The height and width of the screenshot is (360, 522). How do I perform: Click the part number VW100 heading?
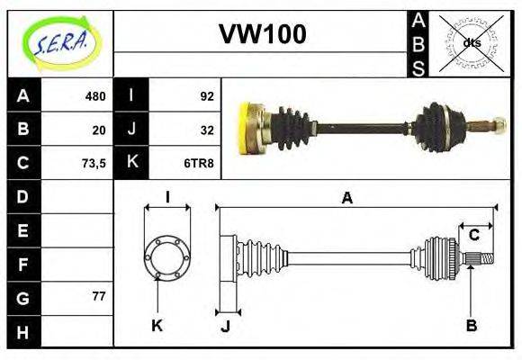click(262, 34)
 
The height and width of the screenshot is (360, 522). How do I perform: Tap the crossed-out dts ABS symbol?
click(471, 42)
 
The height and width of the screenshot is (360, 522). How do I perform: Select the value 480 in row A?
click(94, 95)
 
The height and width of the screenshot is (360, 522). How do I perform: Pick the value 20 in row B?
click(99, 129)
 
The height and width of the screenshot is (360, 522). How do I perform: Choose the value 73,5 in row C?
click(93, 163)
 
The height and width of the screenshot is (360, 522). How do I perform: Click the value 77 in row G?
click(99, 295)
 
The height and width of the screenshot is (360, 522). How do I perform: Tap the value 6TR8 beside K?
click(199, 163)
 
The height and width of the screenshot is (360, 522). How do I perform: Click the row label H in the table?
click(23, 332)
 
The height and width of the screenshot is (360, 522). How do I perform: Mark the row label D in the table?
click(23, 196)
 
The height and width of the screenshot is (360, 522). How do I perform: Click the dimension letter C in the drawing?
click(473, 236)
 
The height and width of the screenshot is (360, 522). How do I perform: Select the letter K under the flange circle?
click(157, 325)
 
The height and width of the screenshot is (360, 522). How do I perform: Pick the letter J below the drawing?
click(225, 326)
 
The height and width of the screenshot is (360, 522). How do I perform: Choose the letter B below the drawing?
click(471, 325)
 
